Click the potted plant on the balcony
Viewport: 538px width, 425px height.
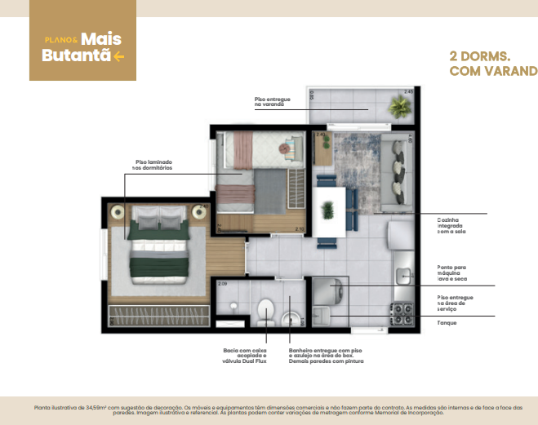point(400,107)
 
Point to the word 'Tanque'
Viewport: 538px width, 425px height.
point(447,323)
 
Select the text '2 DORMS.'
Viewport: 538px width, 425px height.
point(480,57)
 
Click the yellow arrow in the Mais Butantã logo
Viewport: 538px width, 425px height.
point(119,56)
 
